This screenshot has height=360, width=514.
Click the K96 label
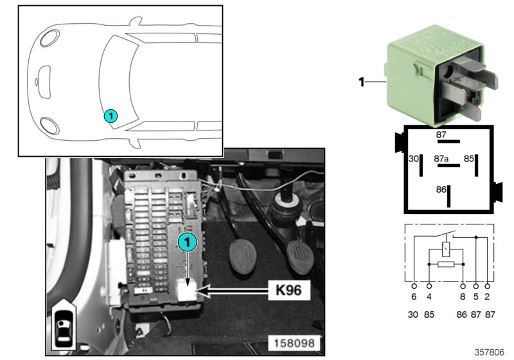coord(289,291)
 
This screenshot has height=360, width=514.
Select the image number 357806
coord(490,352)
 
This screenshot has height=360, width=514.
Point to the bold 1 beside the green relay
coord(361,82)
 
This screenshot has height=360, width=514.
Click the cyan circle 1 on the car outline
coord(111,116)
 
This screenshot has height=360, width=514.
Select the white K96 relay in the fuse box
coord(188,291)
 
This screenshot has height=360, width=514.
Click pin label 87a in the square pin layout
coord(441,157)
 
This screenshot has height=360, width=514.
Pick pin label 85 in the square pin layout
coord(469,157)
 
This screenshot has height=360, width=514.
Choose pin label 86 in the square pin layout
coord(441,190)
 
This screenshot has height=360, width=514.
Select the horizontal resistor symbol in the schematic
coord(445,264)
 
